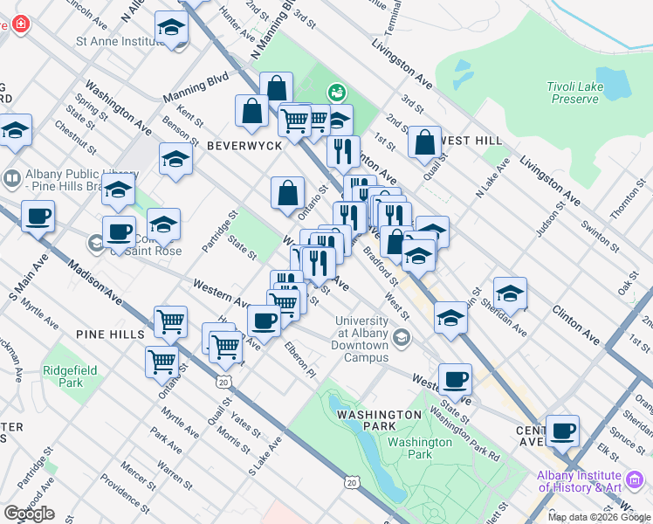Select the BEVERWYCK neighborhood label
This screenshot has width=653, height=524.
(x=244, y=146)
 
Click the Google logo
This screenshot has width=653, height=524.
(x=29, y=514)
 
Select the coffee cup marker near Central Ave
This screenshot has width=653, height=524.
(x=562, y=430)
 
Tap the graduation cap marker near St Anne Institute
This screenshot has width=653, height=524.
(x=171, y=29)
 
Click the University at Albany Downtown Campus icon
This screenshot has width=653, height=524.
(x=402, y=338)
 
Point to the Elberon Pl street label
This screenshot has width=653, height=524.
(x=299, y=361)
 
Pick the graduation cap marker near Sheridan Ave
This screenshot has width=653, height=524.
(x=510, y=293)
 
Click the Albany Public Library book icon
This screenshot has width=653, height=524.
(x=12, y=180)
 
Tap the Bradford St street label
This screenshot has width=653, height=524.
(x=381, y=268)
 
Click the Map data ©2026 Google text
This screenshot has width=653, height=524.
(x=598, y=517)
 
